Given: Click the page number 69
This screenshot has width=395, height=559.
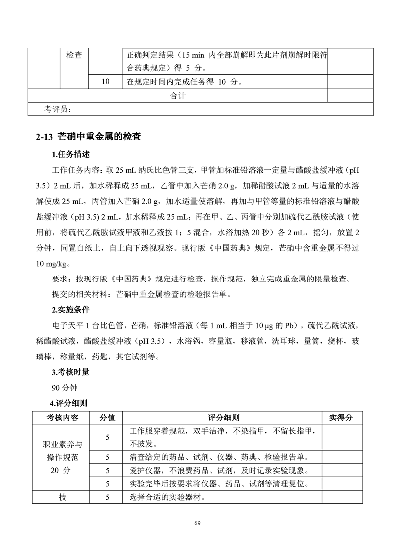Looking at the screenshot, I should (197, 522).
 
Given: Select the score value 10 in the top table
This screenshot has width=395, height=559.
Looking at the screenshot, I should (105, 82).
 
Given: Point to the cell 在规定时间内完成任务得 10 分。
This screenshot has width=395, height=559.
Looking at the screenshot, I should (185, 82).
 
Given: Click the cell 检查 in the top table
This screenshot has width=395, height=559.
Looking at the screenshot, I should (74, 55).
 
